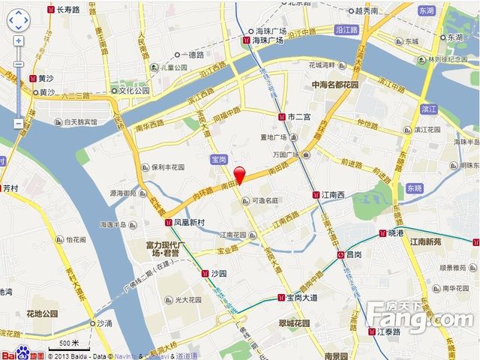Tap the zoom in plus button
(18, 40)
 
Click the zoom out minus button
(18, 123)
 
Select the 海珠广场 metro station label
(268, 41)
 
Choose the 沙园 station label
(220, 274)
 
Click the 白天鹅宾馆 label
(80, 121)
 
